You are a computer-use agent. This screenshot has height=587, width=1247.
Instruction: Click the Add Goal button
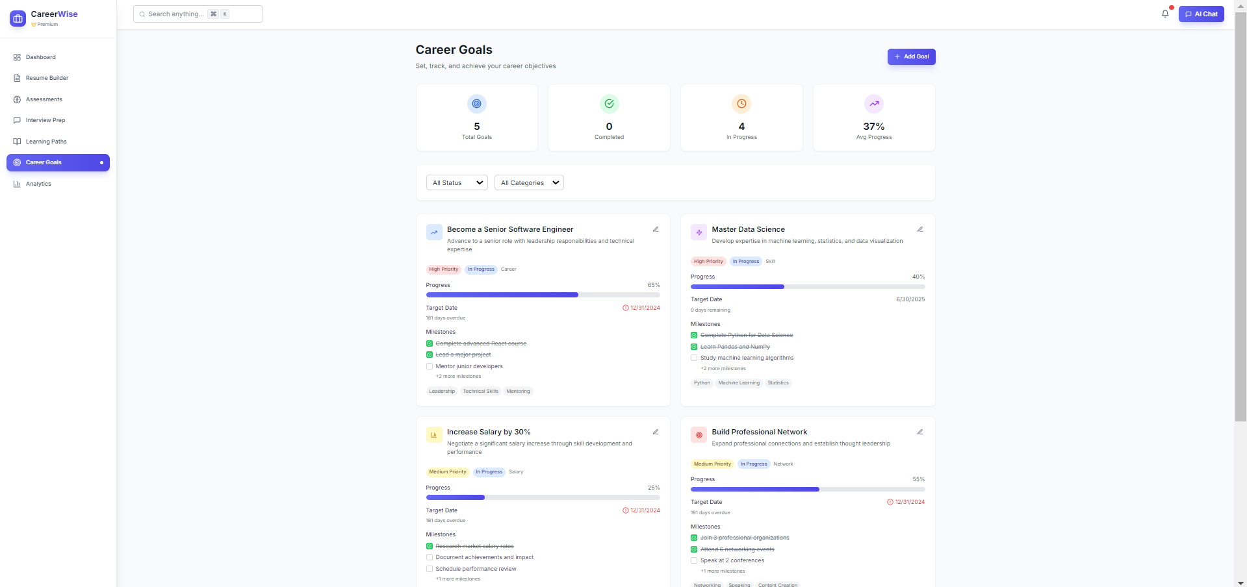[911, 56]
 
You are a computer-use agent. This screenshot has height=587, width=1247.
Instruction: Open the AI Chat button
[1201, 14]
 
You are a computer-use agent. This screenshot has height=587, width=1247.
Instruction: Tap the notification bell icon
[1165, 14]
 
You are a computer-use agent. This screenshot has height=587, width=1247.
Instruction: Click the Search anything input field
[198, 14]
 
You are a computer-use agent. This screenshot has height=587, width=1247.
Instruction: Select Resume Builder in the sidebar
[47, 78]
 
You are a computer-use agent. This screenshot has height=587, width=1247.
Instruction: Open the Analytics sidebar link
[38, 184]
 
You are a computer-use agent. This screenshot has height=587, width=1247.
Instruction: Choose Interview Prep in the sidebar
[45, 120]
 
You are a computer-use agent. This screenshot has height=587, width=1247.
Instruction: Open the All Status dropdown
[457, 183]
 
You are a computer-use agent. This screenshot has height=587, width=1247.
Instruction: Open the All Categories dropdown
[529, 183]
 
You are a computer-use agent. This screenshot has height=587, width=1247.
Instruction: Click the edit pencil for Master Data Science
[920, 229]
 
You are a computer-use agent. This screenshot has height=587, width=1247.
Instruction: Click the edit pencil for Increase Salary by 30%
[656, 432]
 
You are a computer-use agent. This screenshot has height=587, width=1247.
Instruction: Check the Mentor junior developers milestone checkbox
[430, 366]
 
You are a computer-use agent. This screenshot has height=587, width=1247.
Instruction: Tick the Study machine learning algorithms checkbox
[694, 358]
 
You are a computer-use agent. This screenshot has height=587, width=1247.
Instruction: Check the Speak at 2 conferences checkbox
[694, 560]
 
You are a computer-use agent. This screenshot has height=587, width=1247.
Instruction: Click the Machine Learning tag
[739, 383]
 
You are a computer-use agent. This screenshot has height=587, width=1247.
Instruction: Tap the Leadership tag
[442, 392]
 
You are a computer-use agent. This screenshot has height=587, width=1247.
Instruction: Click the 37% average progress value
[873, 127]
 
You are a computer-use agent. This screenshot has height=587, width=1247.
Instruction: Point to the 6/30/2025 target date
[910, 299]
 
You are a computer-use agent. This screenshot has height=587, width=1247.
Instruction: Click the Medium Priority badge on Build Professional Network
[712, 464]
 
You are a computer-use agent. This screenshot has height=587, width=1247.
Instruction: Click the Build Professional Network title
[759, 432]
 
